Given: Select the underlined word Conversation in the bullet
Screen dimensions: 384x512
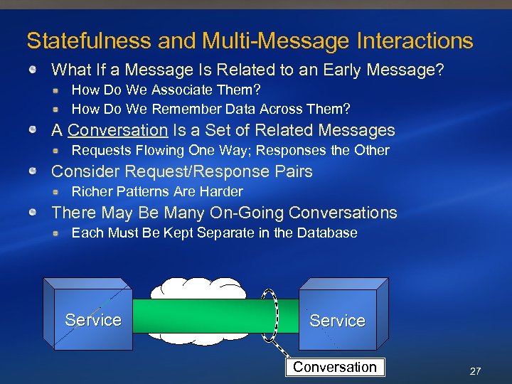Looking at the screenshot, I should point(117,131).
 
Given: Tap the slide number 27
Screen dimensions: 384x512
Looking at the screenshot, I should point(475,371).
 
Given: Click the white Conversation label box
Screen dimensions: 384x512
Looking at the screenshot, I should point(335,368).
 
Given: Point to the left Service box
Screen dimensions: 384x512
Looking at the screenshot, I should point(92,320).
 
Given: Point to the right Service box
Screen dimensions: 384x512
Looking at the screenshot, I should point(337,321).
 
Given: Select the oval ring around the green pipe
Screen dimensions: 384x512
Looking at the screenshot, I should point(270,315).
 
